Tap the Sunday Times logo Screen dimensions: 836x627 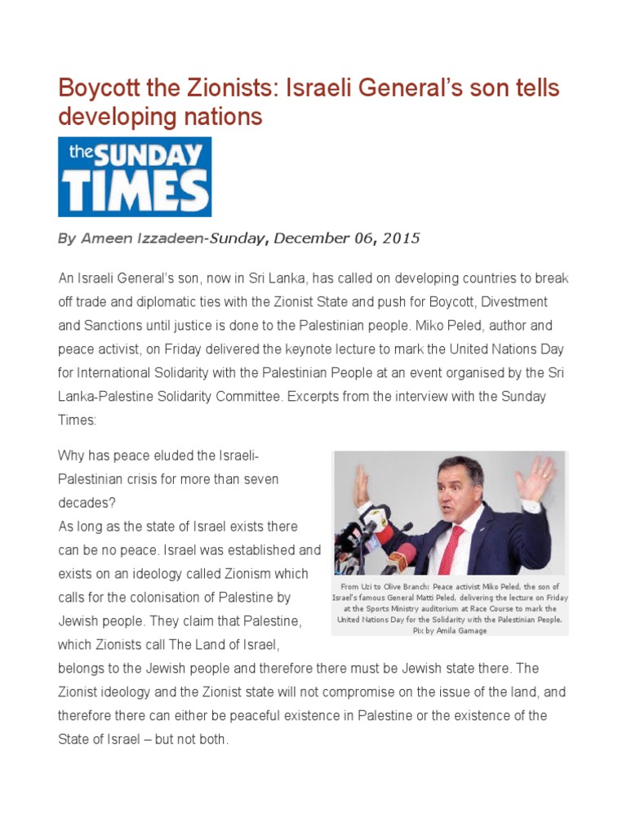(x=135, y=176)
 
